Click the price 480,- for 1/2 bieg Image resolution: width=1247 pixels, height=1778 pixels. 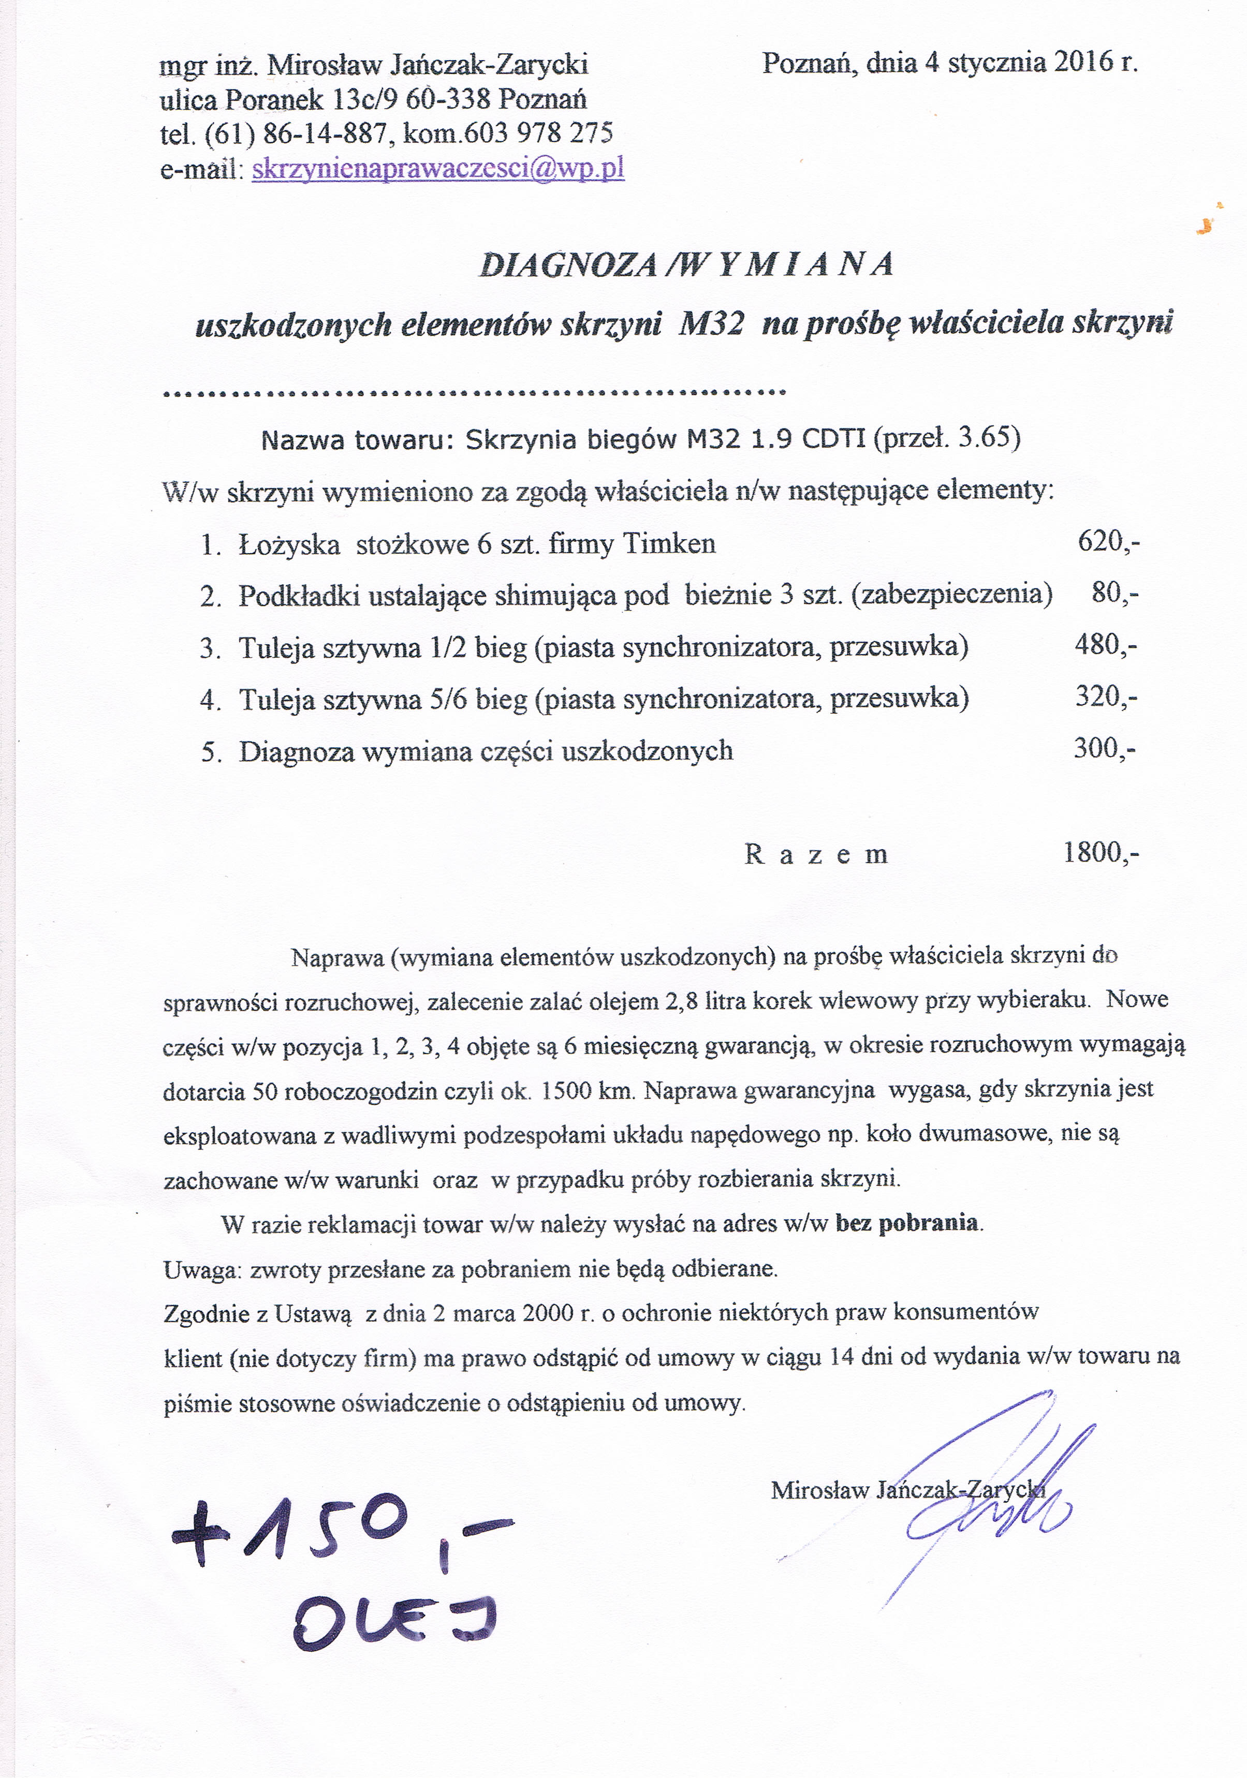click(1105, 644)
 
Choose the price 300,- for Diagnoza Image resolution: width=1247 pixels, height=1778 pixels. click(1104, 748)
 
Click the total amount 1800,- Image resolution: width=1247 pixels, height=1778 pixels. click(1101, 853)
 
